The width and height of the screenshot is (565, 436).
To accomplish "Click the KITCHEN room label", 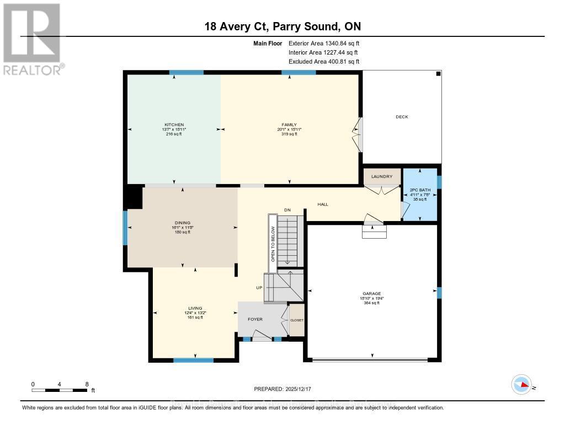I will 174,125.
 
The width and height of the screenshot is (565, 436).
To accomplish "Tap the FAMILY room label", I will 290,125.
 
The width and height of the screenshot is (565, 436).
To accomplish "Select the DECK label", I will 402,117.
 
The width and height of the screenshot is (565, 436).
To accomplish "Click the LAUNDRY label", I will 382,177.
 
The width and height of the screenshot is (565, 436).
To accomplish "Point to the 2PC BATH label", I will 420,191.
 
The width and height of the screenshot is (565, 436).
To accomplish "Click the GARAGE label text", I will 372,294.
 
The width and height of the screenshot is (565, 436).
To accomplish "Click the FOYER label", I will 255,319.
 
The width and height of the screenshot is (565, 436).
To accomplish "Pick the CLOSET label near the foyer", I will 297,320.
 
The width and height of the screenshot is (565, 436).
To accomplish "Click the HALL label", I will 323,204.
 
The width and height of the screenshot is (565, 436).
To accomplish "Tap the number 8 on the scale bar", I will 87,384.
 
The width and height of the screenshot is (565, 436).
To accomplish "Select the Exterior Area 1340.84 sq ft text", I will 324,43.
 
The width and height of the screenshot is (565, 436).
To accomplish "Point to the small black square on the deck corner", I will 438,74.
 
